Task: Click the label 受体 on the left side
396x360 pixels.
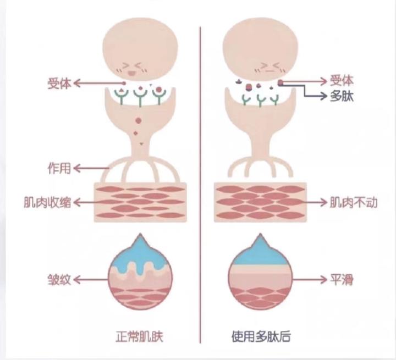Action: pyautogui.click(x=59, y=84)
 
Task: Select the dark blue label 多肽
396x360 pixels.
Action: pyautogui.click(x=342, y=97)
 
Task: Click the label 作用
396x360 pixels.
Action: pyautogui.click(x=59, y=168)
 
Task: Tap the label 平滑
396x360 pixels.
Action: pyautogui.click(x=342, y=279)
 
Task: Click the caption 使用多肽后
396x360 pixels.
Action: pyautogui.click(x=260, y=336)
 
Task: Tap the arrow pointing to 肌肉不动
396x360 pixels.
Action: pyautogui.click(x=308, y=202)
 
